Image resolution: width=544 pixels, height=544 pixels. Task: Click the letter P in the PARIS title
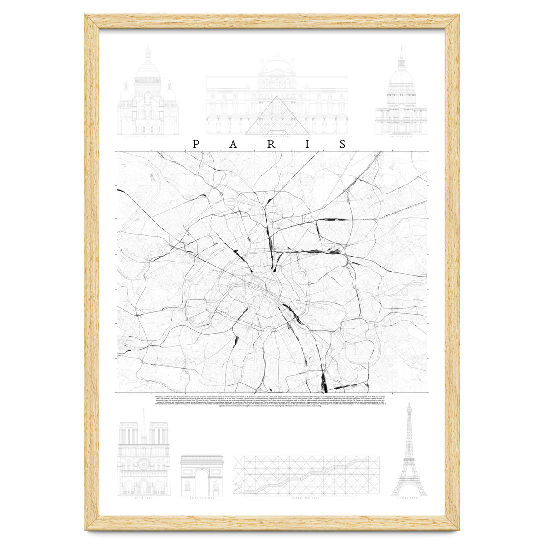pyautogui.click(x=196, y=144)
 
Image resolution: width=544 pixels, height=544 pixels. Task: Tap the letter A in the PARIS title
pyautogui.click(x=233, y=144)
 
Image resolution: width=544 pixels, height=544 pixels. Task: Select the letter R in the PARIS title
pyautogui.click(x=271, y=144)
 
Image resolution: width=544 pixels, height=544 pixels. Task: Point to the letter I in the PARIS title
pyautogui.click(x=307, y=144)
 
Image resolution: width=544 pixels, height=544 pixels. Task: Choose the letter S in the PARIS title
pyautogui.click(x=343, y=144)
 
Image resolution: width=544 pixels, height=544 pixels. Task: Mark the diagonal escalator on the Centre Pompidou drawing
pyautogui.click(x=306, y=476)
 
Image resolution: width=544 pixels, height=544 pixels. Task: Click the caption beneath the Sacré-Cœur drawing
pyautogui.click(x=148, y=136)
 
